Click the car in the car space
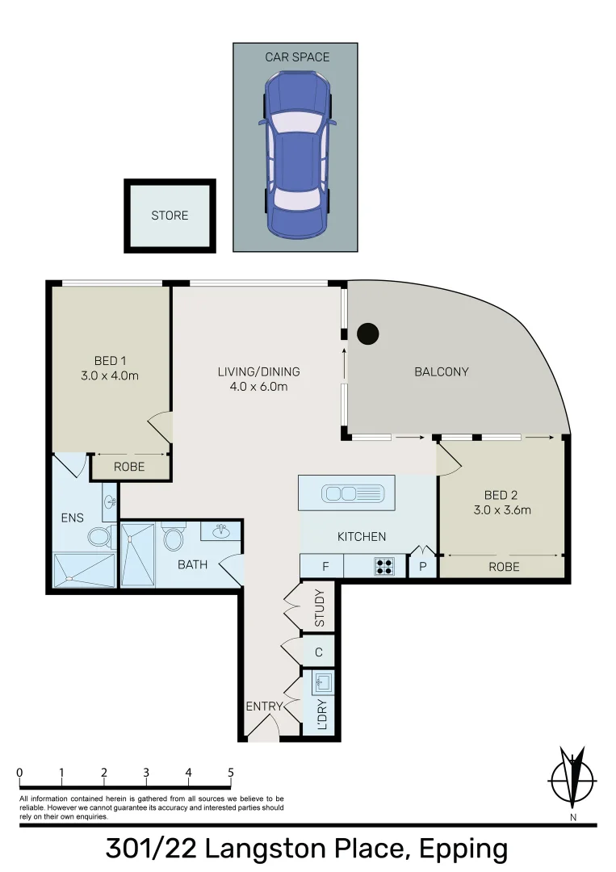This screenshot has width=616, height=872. pos(295,153)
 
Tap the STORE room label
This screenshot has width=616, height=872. pos(170,216)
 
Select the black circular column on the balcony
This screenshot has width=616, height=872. pos(368,332)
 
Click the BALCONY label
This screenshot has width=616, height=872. pos(441,372)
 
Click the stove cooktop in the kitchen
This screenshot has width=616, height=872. pos(384,567)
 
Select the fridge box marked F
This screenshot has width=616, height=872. pos(325,567)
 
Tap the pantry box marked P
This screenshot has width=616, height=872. pos(422,567)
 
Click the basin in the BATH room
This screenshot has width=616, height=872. pos(219,532)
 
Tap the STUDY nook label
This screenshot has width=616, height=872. pos(320,610)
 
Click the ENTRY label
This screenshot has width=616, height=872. pos(265,706)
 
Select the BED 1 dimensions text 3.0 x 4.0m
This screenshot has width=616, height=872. pos(111,375)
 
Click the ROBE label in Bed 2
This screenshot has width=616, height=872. pos(505,567)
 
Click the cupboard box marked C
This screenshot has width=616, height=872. pos(320,652)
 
